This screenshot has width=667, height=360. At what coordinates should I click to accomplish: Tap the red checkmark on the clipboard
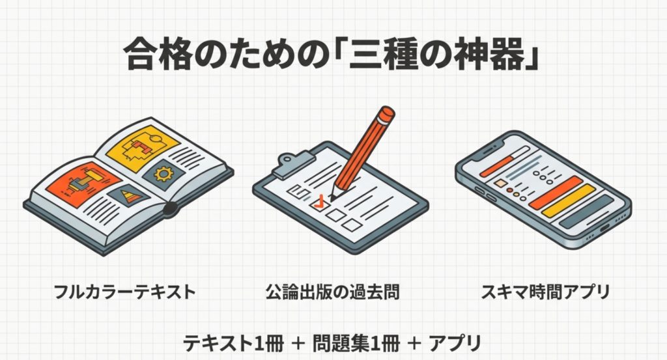(319, 202)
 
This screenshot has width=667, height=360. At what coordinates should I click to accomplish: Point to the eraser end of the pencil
(385, 117)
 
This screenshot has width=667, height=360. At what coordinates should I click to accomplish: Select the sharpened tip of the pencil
(333, 196)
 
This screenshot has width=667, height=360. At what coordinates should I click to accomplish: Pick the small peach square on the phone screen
(500, 184)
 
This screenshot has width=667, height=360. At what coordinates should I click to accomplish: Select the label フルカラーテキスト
(126, 291)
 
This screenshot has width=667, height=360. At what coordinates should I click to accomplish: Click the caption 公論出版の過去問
(332, 291)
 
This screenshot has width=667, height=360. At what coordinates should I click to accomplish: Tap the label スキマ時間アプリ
(545, 291)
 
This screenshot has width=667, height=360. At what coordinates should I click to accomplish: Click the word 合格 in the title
(150, 56)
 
